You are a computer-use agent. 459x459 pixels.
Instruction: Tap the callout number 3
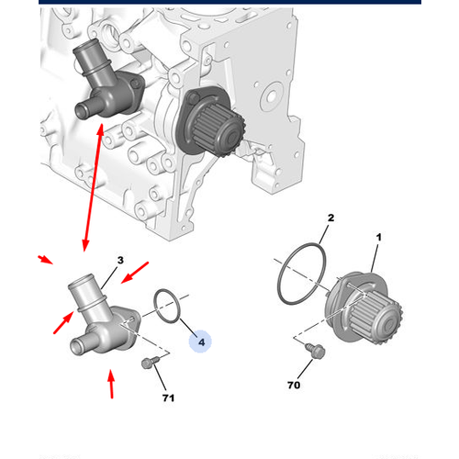[119, 262]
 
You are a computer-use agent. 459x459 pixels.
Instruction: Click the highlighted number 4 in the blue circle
[201, 341]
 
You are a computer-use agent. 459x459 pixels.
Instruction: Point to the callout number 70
[294, 386]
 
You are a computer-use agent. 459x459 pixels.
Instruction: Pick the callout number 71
[167, 398]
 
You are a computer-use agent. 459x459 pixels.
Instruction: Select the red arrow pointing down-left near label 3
[135, 274]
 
